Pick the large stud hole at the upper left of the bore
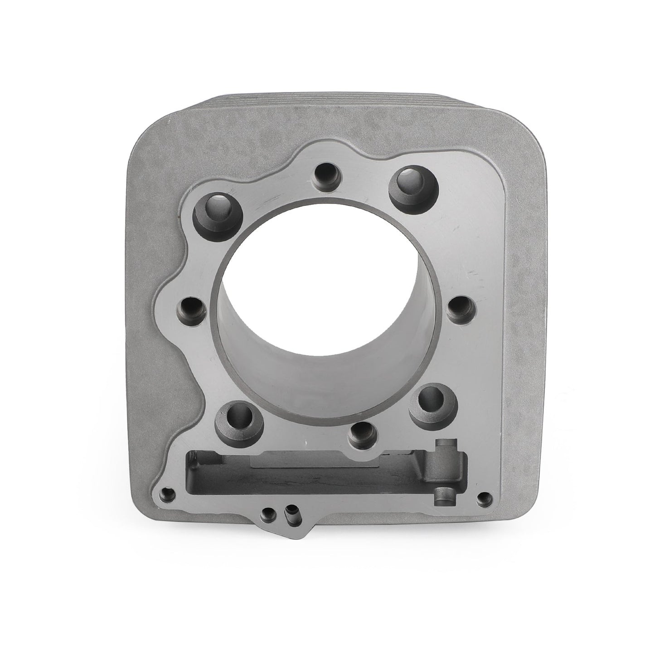(x=213, y=212)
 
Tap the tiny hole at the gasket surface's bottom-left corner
(x=169, y=493)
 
